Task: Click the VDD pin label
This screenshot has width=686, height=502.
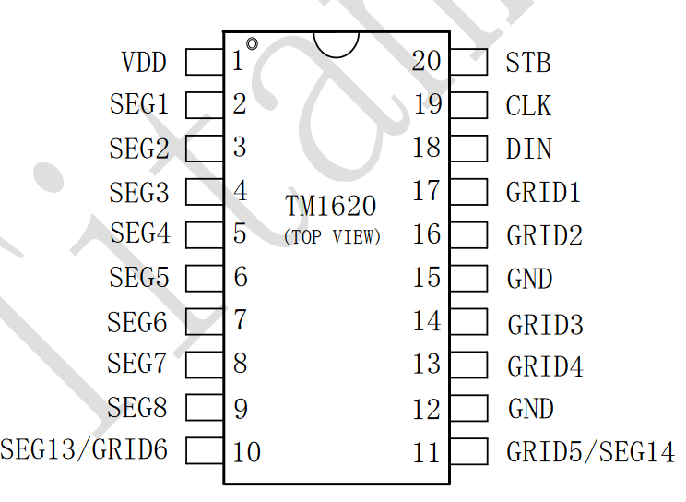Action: tap(144, 63)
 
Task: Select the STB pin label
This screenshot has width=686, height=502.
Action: tap(528, 63)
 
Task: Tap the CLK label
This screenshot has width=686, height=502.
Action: tap(528, 106)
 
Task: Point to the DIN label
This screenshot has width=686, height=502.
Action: tap(528, 149)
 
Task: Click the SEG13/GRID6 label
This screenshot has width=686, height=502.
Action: tap(85, 450)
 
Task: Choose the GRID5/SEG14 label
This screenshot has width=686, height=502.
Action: tap(590, 452)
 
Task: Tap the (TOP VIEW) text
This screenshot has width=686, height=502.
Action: tap(332, 236)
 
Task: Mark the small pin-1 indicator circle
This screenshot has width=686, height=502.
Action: tap(252, 43)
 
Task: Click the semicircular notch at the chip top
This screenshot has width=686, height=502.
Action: tap(336, 42)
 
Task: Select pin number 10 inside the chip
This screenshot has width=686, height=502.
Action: tap(246, 452)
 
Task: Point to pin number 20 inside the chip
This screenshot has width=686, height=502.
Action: tap(426, 62)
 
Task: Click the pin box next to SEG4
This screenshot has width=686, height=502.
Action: tap(204, 234)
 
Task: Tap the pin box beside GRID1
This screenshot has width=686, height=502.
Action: tap(468, 192)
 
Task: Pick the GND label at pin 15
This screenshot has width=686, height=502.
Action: tap(529, 279)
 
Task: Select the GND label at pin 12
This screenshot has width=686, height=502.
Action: tap(530, 409)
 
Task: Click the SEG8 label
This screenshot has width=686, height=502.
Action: tap(138, 407)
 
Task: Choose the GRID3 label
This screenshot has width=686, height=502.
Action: tap(545, 325)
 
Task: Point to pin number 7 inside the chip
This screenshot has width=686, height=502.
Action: tap(240, 320)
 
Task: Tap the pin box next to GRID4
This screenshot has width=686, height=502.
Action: tap(468, 365)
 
